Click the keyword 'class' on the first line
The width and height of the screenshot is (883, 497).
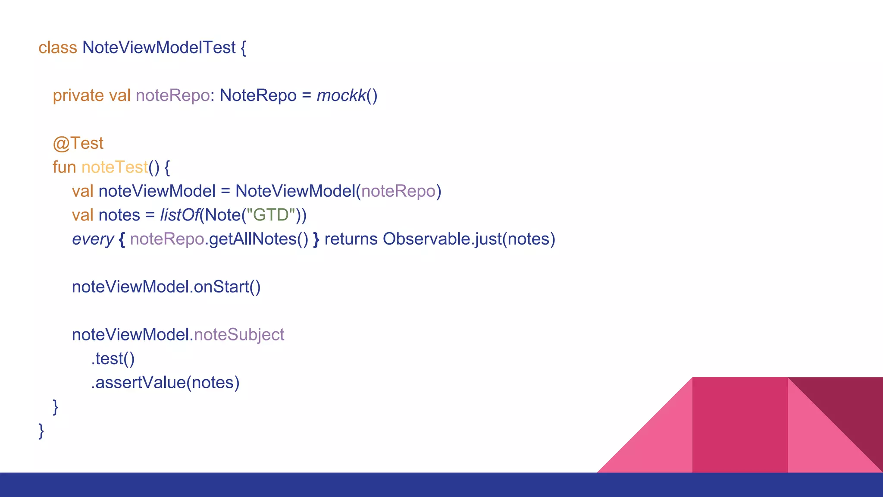(57, 47)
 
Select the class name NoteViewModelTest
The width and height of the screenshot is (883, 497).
(159, 47)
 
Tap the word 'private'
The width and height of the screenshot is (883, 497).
(78, 95)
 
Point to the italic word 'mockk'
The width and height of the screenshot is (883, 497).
(341, 95)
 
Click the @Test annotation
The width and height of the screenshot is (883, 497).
(78, 143)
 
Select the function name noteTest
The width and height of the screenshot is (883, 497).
(114, 167)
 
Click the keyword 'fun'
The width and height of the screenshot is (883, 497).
(64, 167)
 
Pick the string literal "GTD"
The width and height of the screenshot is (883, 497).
(271, 215)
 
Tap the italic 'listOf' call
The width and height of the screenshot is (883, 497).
(179, 215)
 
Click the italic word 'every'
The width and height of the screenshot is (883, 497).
(93, 239)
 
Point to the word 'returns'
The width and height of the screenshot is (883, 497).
(351, 239)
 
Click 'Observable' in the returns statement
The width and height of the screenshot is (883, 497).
(426, 239)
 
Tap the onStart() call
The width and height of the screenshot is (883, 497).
(227, 287)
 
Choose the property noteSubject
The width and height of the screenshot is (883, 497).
(239, 335)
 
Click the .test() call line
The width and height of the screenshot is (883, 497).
(113, 359)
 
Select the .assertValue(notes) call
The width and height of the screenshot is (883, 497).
(165, 383)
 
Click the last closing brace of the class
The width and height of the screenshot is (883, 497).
(41, 431)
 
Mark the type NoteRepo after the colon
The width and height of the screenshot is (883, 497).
(258, 95)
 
